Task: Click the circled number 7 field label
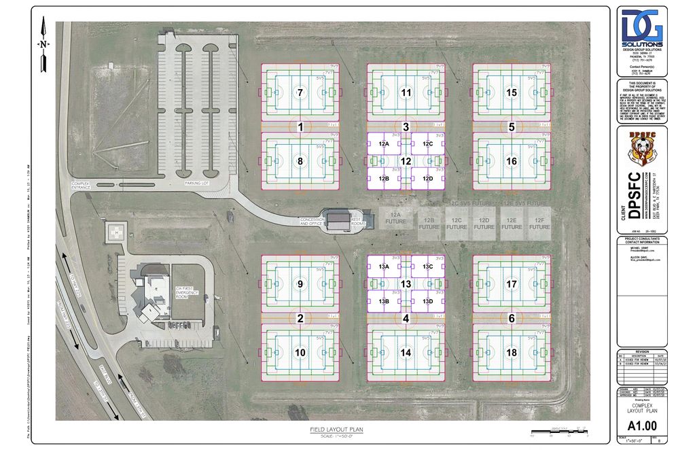(300, 92)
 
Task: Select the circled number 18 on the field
(512, 353)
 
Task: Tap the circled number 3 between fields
(406, 126)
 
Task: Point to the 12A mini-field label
(384, 144)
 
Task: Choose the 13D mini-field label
(427, 301)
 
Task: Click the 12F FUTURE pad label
(539, 224)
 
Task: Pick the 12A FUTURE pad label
(395, 218)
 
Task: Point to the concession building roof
(337, 219)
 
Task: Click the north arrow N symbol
(43, 45)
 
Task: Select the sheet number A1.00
(642, 426)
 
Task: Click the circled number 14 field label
(406, 353)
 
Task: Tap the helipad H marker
(115, 232)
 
